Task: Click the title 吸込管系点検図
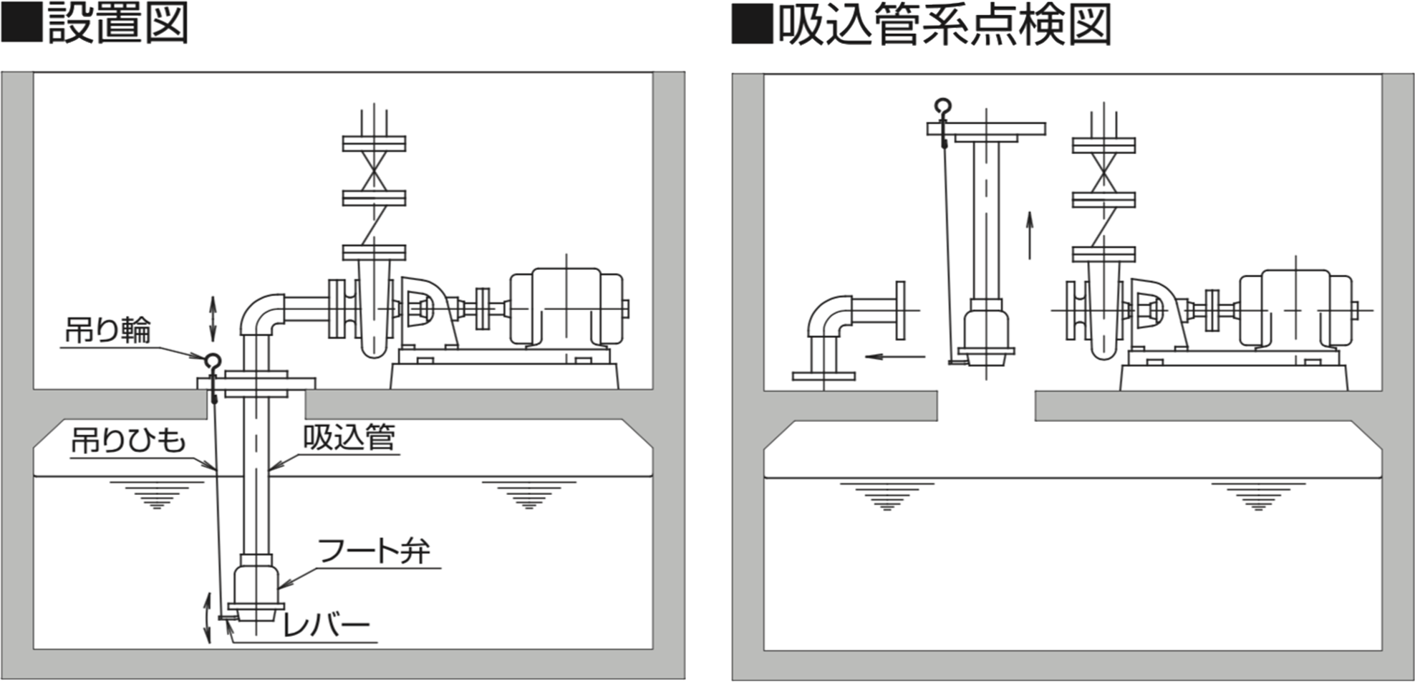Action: click(944, 26)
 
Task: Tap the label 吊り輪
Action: click(108, 330)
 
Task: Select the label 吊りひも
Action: click(128, 441)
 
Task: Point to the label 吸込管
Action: click(349, 437)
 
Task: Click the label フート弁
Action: click(374, 551)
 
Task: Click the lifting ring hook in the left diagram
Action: click(213, 362)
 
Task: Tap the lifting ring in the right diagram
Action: click(944, 107)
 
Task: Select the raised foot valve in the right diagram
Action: click(986, 333)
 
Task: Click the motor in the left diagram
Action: click(566, 307)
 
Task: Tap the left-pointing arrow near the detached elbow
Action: click(895, 356)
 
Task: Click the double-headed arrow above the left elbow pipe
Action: click(213, 318)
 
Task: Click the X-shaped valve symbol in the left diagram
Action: click(374, 170)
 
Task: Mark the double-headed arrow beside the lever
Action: click(208, 618)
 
